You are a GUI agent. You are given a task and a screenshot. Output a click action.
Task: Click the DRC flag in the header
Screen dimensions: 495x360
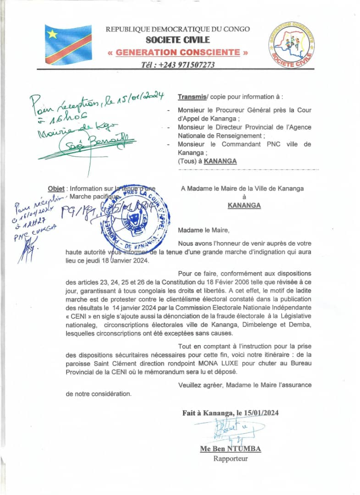point(68,45)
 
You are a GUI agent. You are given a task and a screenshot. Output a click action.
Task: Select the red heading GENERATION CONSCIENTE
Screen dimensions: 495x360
point(178,52)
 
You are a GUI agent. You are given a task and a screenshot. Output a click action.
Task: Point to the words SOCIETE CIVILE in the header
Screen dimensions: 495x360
point(178,40)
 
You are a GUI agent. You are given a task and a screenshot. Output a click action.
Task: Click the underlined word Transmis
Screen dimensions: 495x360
point(191,97)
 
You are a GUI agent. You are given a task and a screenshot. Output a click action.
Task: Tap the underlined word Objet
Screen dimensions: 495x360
point(56,188)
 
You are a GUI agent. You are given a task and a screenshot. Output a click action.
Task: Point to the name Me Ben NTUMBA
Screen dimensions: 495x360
point(230,449)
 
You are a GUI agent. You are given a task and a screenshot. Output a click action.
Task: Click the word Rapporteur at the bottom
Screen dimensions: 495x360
point(230,458)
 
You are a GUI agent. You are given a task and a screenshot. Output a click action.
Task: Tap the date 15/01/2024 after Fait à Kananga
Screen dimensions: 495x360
point(261,413)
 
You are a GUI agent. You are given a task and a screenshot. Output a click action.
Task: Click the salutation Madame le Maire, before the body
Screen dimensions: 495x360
point(202,230)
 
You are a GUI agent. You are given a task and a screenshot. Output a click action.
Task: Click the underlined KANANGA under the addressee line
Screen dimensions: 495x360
point(244,205)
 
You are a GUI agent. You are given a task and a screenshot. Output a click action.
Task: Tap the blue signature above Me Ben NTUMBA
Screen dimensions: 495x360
point(226,431)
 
